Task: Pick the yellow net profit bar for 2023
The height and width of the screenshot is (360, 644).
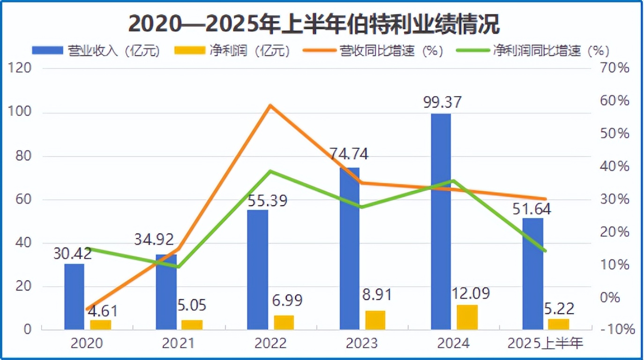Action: point(375,320)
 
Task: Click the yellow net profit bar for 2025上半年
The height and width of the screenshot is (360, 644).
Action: point(559,324)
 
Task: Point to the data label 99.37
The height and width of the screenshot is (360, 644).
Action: point(442,102)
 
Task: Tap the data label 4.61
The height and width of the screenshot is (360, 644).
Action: point(102,310)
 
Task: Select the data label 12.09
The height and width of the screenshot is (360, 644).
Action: point(471,294)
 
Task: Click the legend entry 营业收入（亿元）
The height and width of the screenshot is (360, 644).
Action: point(96,51)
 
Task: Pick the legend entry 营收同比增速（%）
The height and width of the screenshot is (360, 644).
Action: point(372,51)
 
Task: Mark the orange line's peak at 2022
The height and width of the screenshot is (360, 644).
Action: point(270,105)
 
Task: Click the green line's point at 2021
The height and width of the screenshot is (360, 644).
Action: point(178,267)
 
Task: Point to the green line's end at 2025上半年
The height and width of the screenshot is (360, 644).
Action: point(545,251)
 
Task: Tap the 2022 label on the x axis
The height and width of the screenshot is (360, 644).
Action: point(270,344)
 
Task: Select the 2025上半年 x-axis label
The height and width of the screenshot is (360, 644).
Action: point(545,344)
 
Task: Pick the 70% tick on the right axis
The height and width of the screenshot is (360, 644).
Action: point(615,69)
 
